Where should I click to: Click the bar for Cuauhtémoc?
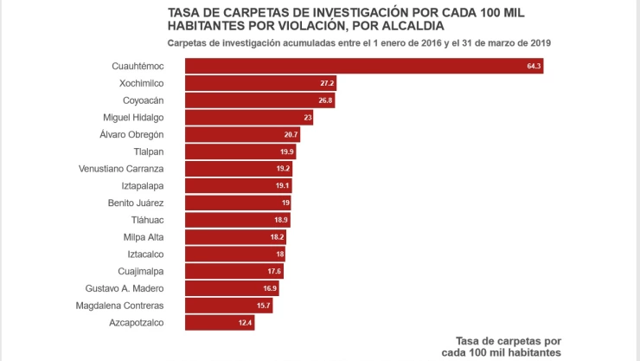click(x=363, y=66)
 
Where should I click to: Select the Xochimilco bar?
click(x=260, y=83)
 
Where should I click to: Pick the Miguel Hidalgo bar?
click(x=249, y=117)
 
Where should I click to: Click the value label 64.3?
click(x=533, y=66)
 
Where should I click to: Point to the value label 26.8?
click(x=325, y=100)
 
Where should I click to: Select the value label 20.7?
click(x=291, y=134)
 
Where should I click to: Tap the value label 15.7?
click(x=263, y=306)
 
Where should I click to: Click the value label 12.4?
click(x=245, y=323)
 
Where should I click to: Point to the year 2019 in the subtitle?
click(x=540, y=42)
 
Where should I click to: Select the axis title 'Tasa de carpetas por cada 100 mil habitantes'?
click(x=501, y=346)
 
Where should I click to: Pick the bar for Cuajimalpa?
click(x=234, y=271)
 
